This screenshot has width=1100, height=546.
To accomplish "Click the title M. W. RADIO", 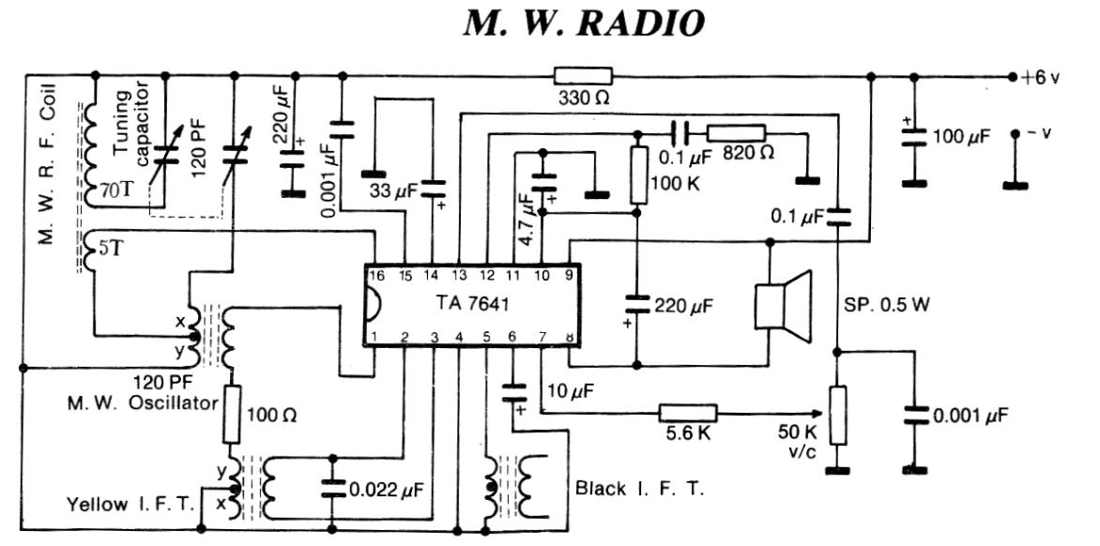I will pyautogui.click(x=583, y=23).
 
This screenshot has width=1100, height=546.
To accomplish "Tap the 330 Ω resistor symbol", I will pyautogui.click(x=583, y=76).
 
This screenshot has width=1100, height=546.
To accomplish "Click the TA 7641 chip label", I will pyautogui.click(x=466, y=305).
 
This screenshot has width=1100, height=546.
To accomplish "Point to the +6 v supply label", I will pyautogui.click(x=1041, y=78).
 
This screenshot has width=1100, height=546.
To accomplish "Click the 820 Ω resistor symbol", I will pyautogui.click(x=736, y=133).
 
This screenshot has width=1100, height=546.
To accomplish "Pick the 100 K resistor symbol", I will pyautogui.click(x=638, y=174).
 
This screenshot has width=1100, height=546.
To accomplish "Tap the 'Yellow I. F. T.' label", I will pyautogui.click(x=130, y=504).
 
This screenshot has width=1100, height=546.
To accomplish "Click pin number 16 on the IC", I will pyautogui.click(x=376, y=275).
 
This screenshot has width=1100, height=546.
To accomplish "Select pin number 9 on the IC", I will pyautogui.click(x=569, y=275).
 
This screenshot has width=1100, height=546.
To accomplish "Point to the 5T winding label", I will pyautogui.click(x=99, y=250).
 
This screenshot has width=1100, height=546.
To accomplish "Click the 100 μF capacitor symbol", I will pyautogui.click(x=909, y=138).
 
